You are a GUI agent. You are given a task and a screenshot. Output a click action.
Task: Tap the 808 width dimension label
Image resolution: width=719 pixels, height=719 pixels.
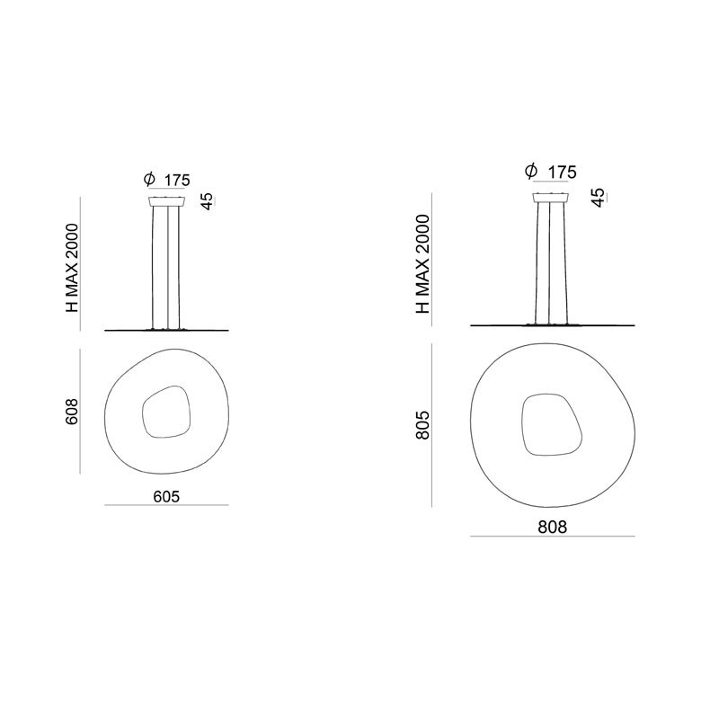tap(554, 527)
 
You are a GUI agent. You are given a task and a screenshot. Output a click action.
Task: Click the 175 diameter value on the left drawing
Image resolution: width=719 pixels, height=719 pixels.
tap(177, 181)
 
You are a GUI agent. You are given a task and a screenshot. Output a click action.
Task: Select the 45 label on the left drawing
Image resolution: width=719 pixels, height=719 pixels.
tap(207, 200)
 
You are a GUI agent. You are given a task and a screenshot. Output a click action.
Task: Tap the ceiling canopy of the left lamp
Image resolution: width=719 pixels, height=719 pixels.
tap(167, 200)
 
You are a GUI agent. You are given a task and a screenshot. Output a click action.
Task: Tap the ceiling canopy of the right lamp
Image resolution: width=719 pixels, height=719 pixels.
tap(553, 197)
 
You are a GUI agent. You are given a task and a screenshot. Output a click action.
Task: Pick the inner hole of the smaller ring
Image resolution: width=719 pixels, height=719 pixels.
tap(164, 413)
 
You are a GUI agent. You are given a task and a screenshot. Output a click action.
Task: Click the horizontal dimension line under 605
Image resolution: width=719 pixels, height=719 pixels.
tap(166, 505)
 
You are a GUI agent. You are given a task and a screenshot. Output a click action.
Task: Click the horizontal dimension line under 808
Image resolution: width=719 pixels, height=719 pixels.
tap(554, 537)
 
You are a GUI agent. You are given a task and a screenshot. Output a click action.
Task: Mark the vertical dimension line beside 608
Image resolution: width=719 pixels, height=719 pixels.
tap(83, 412)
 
